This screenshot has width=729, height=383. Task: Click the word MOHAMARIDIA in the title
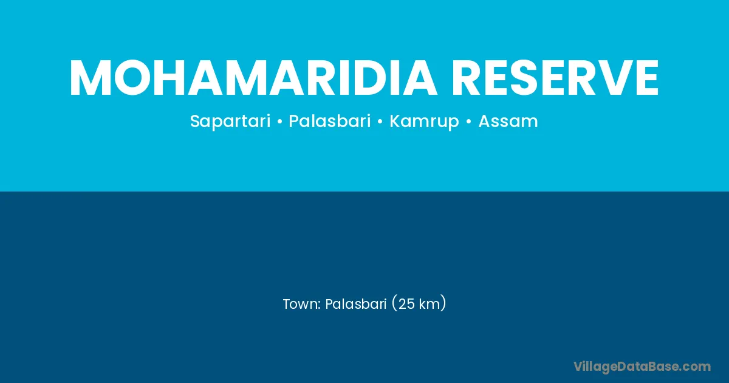252,78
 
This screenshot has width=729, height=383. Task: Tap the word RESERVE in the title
555,78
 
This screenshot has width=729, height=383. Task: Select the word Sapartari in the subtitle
230,122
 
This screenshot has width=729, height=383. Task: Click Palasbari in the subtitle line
330,121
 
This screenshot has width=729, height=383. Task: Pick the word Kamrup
424,122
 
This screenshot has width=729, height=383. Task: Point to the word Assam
508,121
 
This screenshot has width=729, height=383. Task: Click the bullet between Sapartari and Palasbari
279,122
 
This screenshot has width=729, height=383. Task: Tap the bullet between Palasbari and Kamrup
380,122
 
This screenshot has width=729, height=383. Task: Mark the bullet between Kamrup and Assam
468,122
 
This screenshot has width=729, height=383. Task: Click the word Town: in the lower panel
302,304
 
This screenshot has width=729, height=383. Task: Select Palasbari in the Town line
356,304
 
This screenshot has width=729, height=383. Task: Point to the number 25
406,304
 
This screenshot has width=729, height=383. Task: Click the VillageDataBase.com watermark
642,367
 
